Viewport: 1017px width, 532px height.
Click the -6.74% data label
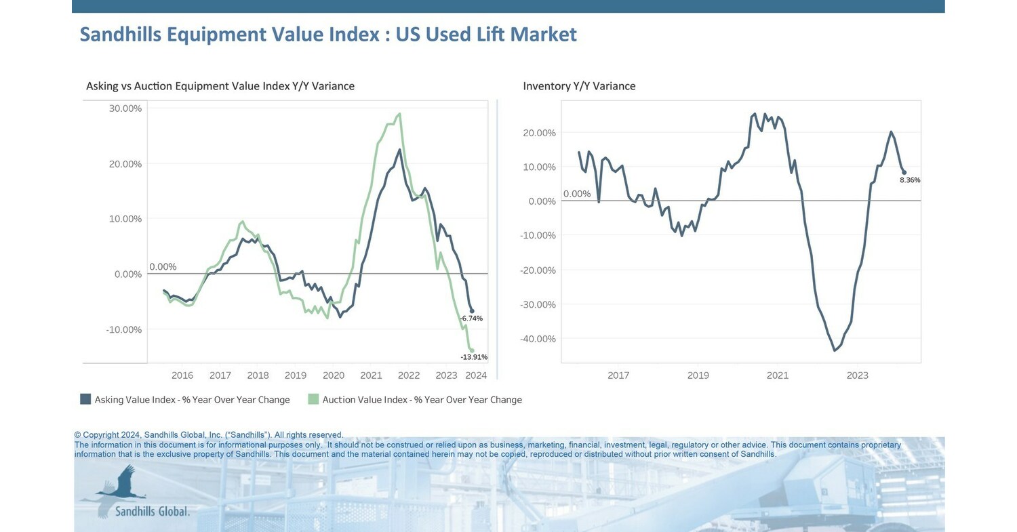tap(471, 319)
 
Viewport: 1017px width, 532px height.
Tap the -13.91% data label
tap(474, 357)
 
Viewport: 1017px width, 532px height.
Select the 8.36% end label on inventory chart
tap(910, 180)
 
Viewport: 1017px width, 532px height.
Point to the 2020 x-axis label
tap(333, 375)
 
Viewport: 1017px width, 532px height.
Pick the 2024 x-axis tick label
tap(476, 375)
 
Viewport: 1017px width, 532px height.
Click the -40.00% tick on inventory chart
tap(538, 339)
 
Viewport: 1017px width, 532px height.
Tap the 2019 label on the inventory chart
tap(698, 375)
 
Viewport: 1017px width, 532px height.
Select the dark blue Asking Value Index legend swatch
tap(85, 399)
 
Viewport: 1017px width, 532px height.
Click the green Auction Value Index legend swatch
tap(313, 399)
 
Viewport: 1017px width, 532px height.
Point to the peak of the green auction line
tap(399, 114)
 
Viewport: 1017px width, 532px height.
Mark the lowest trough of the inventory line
tap(835, 350)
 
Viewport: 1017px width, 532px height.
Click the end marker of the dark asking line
tap(472, 311)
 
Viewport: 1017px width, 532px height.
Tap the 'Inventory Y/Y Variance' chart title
tap(579, 86)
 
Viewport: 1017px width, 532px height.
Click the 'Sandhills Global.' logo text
tap(152, 511)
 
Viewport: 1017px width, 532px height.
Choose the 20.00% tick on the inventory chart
tap(539, 133)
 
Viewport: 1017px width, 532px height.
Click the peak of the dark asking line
tap(399, 150)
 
